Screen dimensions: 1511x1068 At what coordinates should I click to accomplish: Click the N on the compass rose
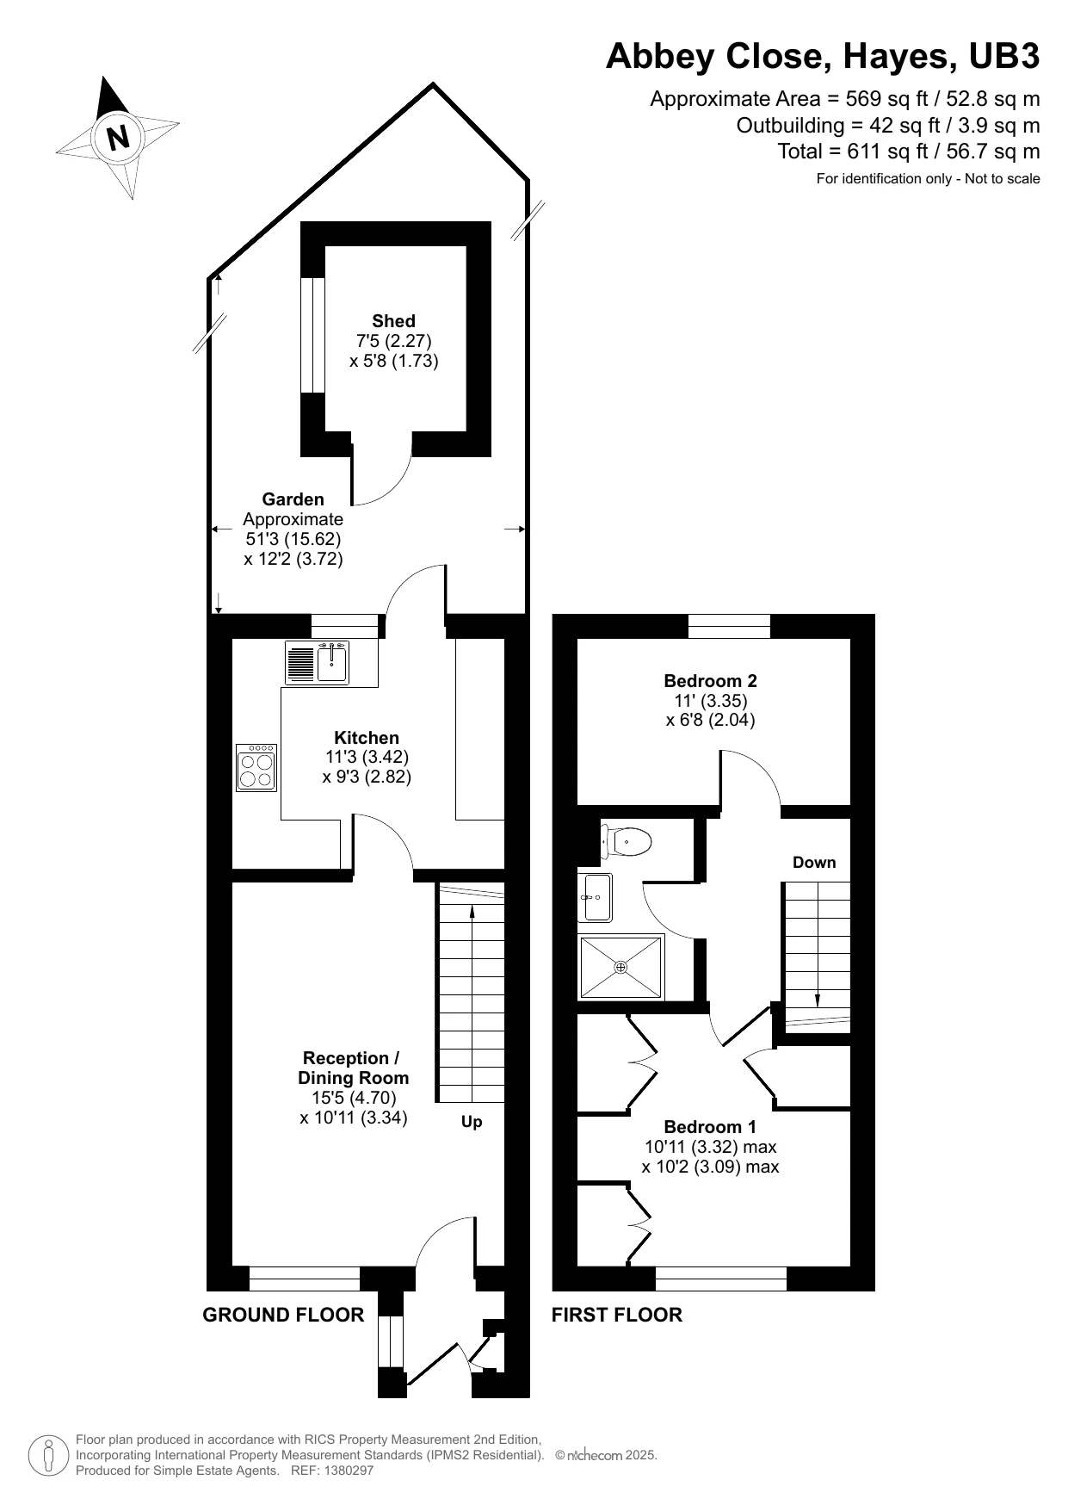(118, 138)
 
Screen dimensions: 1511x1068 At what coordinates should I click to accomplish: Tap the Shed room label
(393, 321)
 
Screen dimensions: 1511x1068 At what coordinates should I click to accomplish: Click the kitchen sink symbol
(332, 662)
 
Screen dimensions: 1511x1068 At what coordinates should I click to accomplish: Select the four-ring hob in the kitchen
(256, 768)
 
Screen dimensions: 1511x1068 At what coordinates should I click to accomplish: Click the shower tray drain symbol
(621, 968)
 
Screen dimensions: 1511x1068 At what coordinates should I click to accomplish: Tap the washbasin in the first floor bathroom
(596, 897)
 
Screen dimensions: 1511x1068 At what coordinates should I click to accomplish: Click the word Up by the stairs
(472, 1122)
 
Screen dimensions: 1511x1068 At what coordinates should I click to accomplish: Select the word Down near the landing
(813, 863)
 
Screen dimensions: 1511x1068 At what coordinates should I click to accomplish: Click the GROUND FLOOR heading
(283, 1315)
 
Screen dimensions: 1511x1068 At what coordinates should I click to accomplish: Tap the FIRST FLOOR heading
(616, 1315)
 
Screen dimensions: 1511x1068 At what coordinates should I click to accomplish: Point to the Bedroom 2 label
(710, 680)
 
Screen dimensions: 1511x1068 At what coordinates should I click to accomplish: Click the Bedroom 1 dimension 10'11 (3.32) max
(710, 1147)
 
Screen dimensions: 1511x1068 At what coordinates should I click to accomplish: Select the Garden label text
(293, 499)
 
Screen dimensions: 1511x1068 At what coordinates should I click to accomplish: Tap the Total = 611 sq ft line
(908, 152)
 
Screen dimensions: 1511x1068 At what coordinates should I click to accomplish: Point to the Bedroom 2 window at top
(729, 626)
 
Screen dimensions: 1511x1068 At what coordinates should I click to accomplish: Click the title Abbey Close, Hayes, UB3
(822, 57)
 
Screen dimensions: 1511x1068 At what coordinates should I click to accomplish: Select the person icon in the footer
(49, 1455)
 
